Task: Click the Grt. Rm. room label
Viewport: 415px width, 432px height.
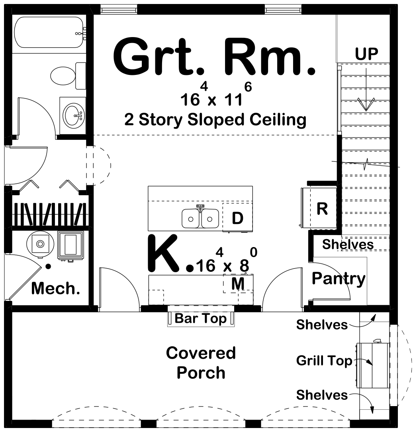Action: pos(214,56)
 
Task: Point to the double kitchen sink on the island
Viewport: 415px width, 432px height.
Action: pos(200,218)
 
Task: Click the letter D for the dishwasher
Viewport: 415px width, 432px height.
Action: pos(237,218)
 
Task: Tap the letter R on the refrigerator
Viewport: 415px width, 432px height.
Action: pos(322,208)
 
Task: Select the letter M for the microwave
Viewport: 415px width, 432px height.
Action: pos(238,284)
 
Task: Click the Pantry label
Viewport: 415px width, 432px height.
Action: pos(338,279)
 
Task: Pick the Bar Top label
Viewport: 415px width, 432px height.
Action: pos(200,318)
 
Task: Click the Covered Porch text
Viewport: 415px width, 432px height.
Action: pos(201,363)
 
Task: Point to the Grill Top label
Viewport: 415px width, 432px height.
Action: pos(324,361)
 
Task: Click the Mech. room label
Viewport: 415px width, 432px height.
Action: pos(55,288)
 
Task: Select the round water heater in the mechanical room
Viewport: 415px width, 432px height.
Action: pos(39,243)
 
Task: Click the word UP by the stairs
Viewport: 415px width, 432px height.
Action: pos(366,53)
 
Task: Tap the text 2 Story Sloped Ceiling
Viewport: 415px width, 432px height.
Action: pos(215,119)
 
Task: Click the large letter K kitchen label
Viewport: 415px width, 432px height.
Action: pos(163,252)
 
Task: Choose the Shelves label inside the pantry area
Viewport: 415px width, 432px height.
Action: pos(348,244)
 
